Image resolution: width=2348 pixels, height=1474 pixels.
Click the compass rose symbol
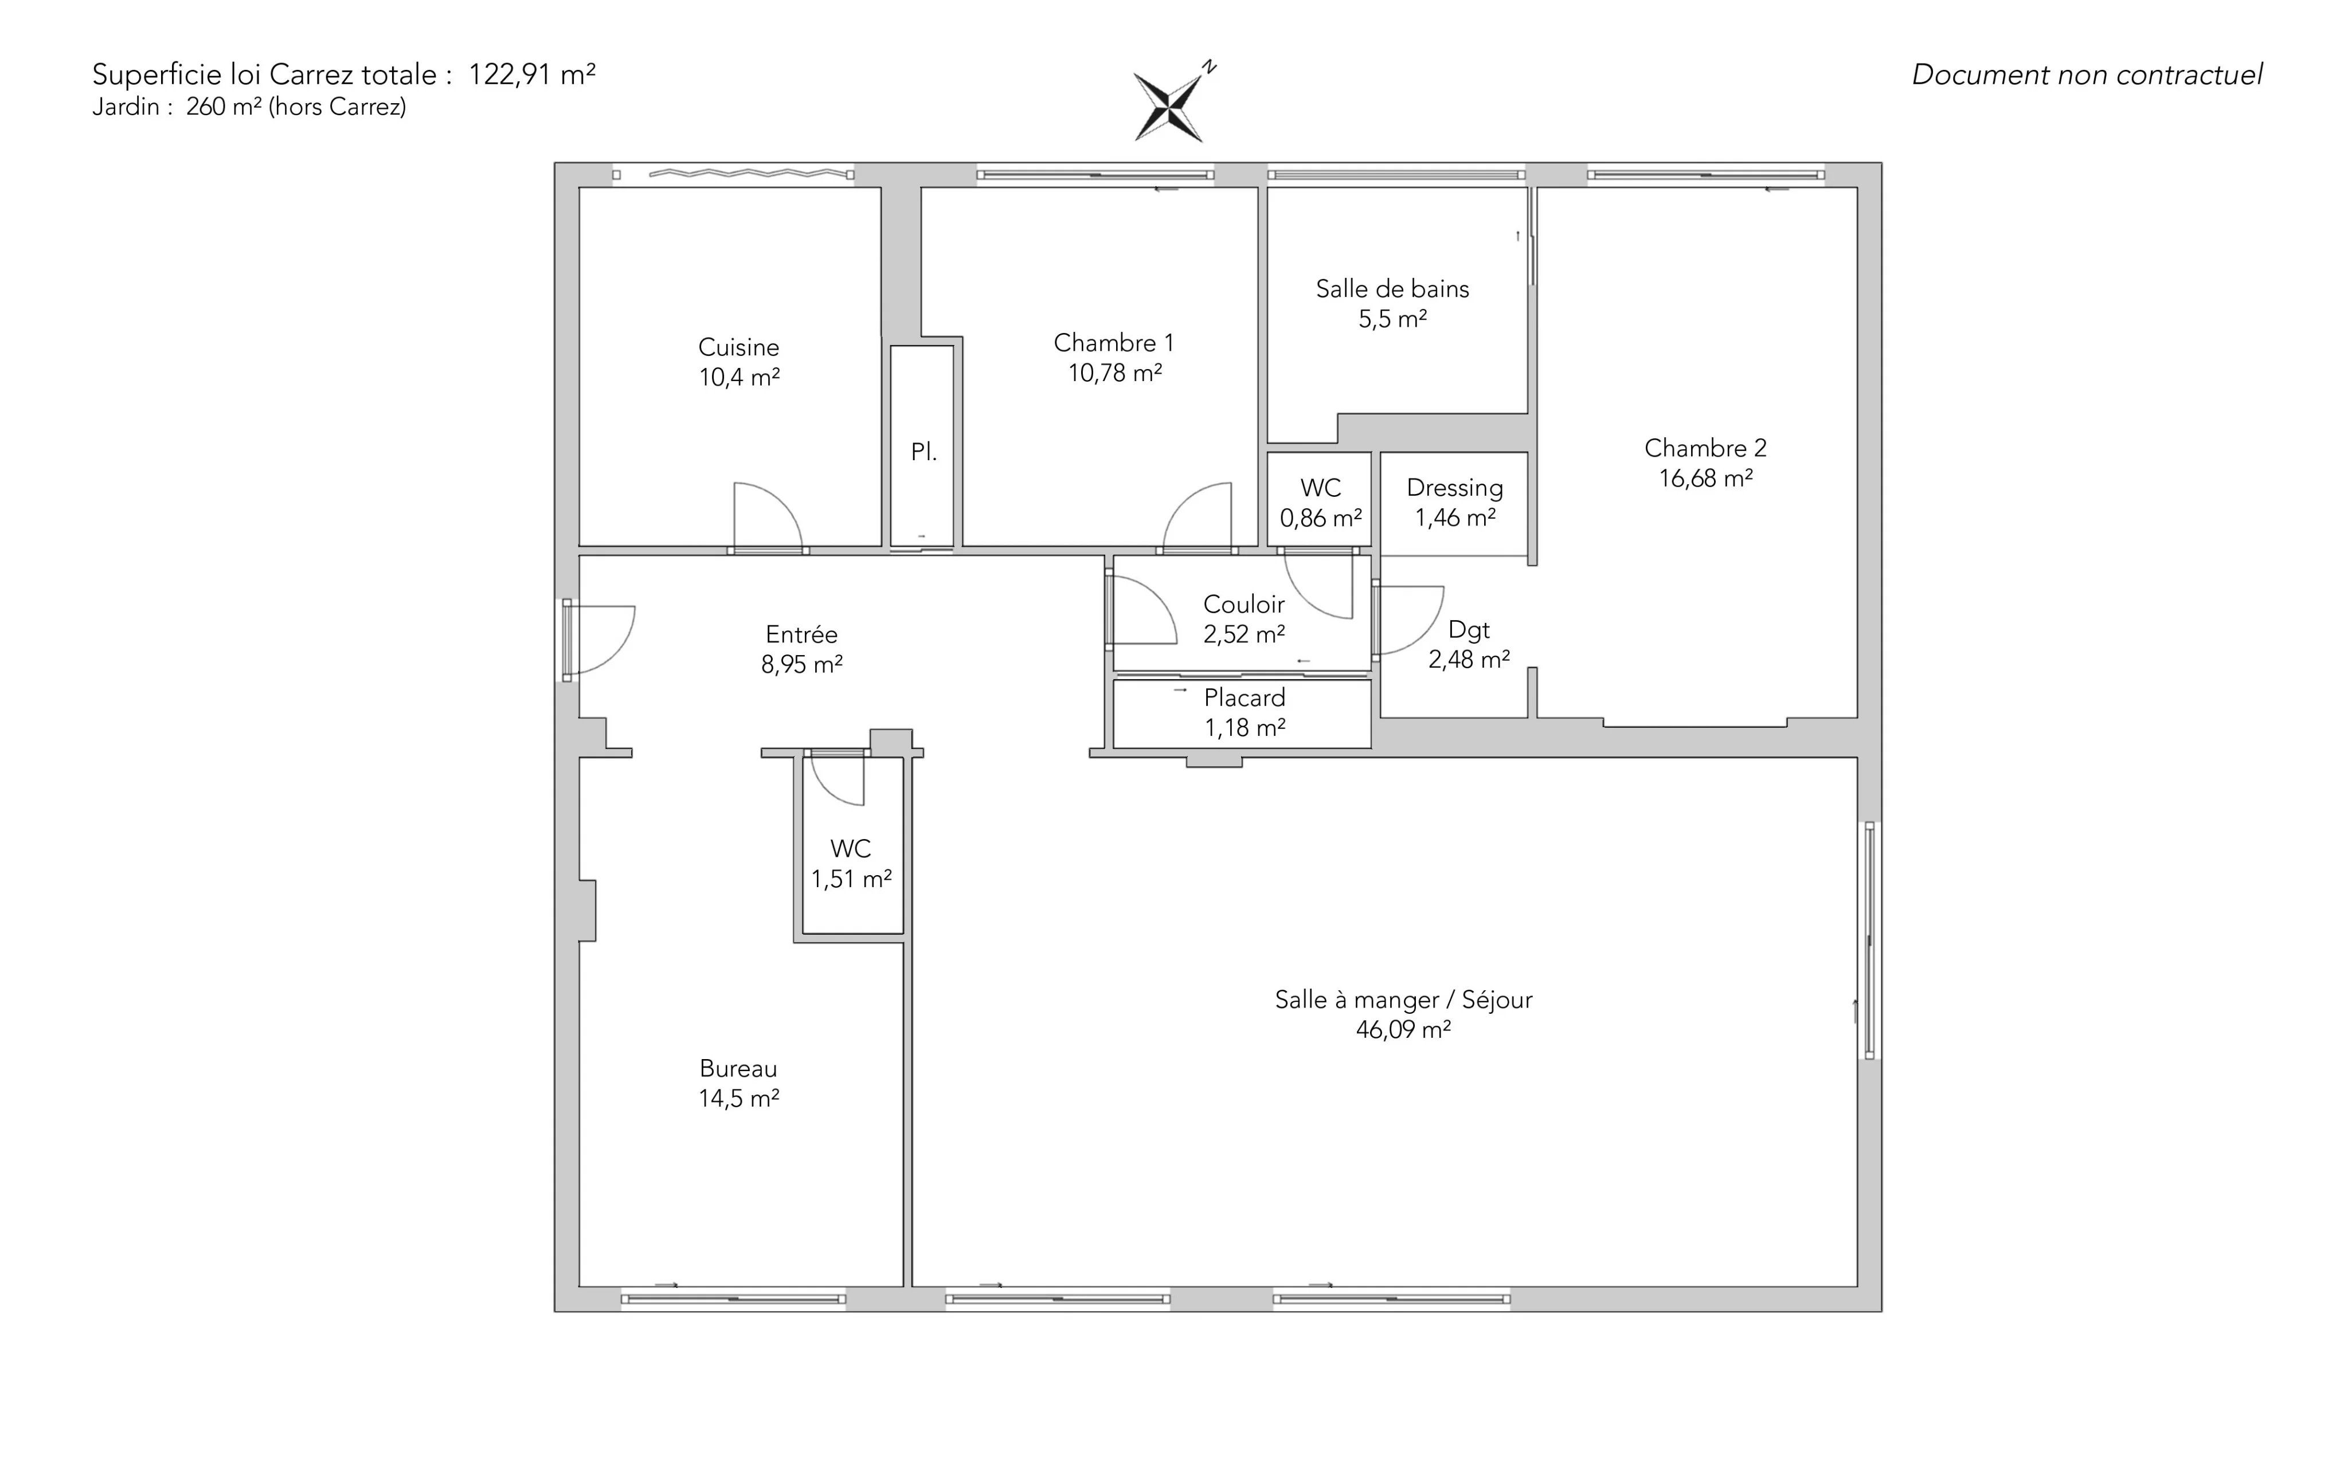pos(1169,105)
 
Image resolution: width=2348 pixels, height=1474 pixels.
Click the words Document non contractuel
pos(2087,75)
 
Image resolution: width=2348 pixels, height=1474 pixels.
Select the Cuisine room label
pos(738,347)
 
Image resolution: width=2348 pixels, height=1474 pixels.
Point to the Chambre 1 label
pos(1114,343)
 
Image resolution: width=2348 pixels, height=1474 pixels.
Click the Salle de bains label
pos(1392,289)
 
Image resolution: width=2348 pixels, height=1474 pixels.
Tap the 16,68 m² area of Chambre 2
pos(1705,479)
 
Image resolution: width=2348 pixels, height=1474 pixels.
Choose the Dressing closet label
pos(1455,488)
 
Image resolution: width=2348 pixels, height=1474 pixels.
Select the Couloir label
pos(1243,605)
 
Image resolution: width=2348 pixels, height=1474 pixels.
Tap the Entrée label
pos(801,634)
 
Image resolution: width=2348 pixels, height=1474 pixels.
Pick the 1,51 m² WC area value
pos(851,879)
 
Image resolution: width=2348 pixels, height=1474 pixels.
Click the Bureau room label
pos(738,1068)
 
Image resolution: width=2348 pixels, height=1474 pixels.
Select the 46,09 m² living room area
pos(1403,1029)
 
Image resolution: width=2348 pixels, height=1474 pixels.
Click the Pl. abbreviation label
pos(923,452)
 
